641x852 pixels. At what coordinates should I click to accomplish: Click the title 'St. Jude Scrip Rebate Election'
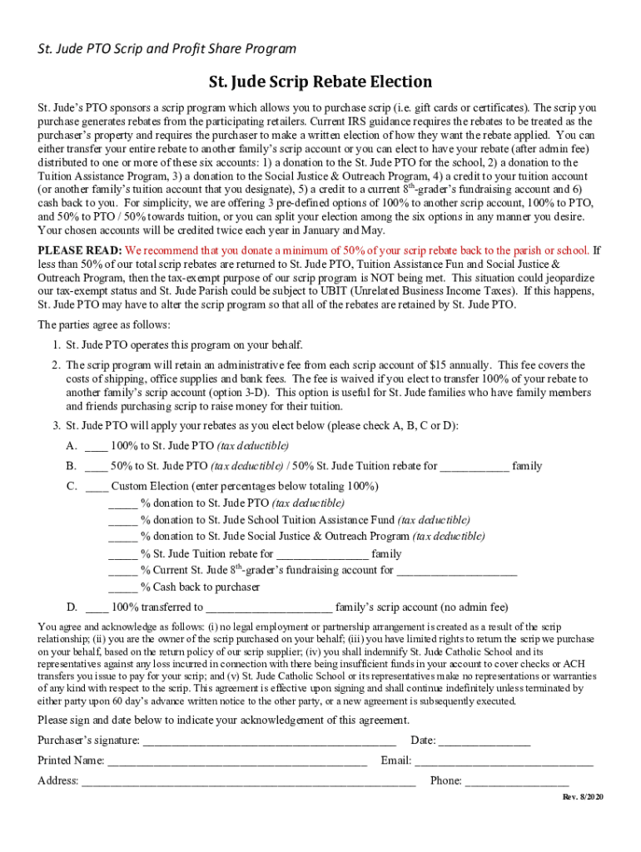(x=320, y=82)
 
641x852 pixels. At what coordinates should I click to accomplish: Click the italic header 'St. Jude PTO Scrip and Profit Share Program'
(x=166, y=49)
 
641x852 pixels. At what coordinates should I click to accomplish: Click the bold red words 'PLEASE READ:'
(x=80, y=250)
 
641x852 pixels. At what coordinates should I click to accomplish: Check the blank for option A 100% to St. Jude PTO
(x=96, y=447)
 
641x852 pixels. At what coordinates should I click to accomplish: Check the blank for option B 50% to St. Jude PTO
(x=96, y=467)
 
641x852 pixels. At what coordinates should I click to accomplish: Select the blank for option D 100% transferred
(x=96, y=607)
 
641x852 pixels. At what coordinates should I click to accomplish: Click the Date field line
(x=484, y=741)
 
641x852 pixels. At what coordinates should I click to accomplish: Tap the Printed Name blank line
(x=237, y=761)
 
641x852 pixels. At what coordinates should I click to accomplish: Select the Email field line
(x=504, y=761)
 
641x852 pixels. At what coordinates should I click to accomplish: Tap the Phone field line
(x=516, y=781)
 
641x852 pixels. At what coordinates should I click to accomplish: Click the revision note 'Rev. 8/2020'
(x=583, y=798)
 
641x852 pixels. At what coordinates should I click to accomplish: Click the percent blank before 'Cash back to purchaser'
(x=122, y=587)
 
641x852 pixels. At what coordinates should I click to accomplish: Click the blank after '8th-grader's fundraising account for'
(x=457, y=571)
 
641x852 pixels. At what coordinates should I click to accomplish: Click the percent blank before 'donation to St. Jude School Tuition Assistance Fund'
(x=122, y=521)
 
